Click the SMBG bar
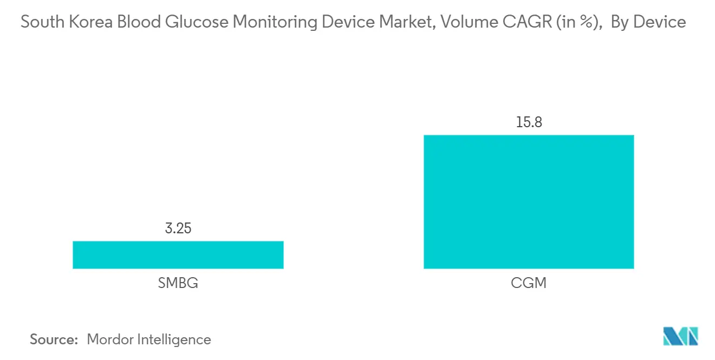pyautogui.click(x=178, y=254)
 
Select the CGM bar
pyautogui.click(x=528, y=201)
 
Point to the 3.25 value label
pyautogui.click(x=178, y=228)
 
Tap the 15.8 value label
pyautogui.click(x=528, y=122)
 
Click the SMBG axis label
pyautogui.click(x=178, y=283)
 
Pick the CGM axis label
pyautogui.click(x=528, y=283)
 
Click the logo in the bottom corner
pyautogui.click(x=681, y=336)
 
